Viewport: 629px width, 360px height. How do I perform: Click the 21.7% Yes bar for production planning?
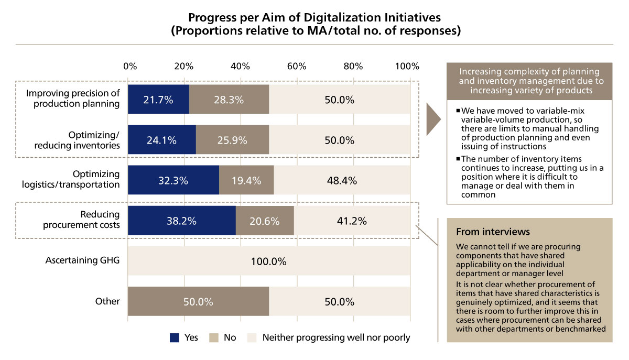coord(158,100)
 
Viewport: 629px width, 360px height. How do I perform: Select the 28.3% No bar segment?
coord(229,100)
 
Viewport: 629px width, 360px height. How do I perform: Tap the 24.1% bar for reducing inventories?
coord(161,140)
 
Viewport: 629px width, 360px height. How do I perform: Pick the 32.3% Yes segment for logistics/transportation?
coord(173,181)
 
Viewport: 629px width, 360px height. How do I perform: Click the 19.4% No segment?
coord(246,181)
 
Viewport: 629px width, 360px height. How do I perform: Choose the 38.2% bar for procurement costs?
coord(181,221)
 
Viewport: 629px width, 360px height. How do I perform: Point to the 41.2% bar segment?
coord(352,221)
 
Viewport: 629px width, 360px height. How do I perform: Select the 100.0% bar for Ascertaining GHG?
coord(269,261)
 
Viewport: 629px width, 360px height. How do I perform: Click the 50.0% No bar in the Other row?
coord(198,301)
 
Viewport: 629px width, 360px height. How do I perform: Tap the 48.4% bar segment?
coord(342,181)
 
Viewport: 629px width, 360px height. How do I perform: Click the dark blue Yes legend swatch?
coord(175,337)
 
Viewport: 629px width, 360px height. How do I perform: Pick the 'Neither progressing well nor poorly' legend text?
coord(336,337)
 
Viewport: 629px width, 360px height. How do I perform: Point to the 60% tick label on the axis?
coord(297,67)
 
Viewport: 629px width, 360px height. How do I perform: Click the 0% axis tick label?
coord(129,67)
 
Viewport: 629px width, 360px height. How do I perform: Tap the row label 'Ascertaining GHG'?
coord(82,260)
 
